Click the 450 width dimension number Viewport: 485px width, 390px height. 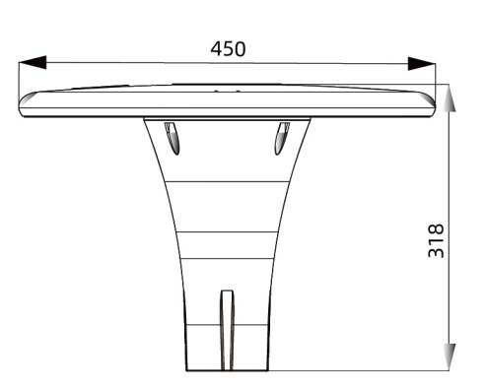pos(228,49)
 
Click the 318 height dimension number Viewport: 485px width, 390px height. pos(436,240)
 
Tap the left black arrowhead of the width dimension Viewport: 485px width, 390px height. pos(33,62)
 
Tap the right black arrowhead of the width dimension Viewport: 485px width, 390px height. pos(422,63)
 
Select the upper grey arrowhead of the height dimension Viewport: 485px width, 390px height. pos(449,98)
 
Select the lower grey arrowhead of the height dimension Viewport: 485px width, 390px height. pos(450,357)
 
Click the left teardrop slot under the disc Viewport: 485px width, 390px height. pos(173,138)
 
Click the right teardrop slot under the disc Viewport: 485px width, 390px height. pos(282,138)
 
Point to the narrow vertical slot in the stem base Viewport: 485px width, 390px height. pos(227,330)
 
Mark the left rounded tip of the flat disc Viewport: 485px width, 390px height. pos(20,104)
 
